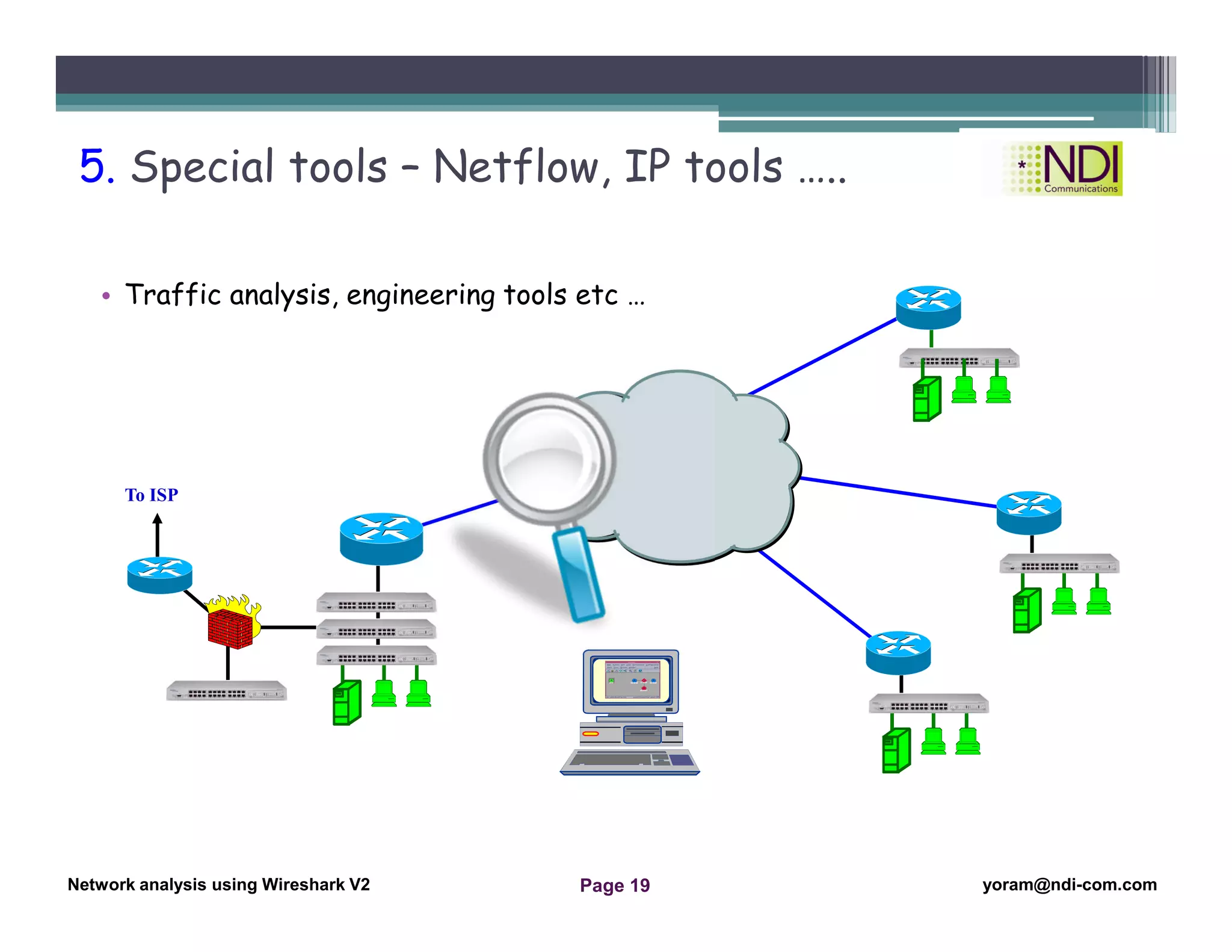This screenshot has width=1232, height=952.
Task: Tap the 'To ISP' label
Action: pos(151,495)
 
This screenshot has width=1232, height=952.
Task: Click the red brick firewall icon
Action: pos(230,628)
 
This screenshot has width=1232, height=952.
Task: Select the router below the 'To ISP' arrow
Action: pos(159,574)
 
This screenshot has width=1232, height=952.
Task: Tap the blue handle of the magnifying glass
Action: pos(579,575)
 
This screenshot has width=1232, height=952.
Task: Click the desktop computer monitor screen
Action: pos(631,680)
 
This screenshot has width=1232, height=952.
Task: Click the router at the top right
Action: pos(928,306)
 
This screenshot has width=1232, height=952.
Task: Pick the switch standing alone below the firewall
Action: pos(226,691)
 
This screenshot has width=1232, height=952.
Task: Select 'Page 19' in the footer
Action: pos(614,885)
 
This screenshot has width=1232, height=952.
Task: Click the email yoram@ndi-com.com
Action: pos(1069,885)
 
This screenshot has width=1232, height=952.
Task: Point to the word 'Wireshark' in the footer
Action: pos(303,885)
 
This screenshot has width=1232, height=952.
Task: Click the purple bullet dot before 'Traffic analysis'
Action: pos(106,296)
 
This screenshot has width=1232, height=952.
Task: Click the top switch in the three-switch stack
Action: pos(377,602)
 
